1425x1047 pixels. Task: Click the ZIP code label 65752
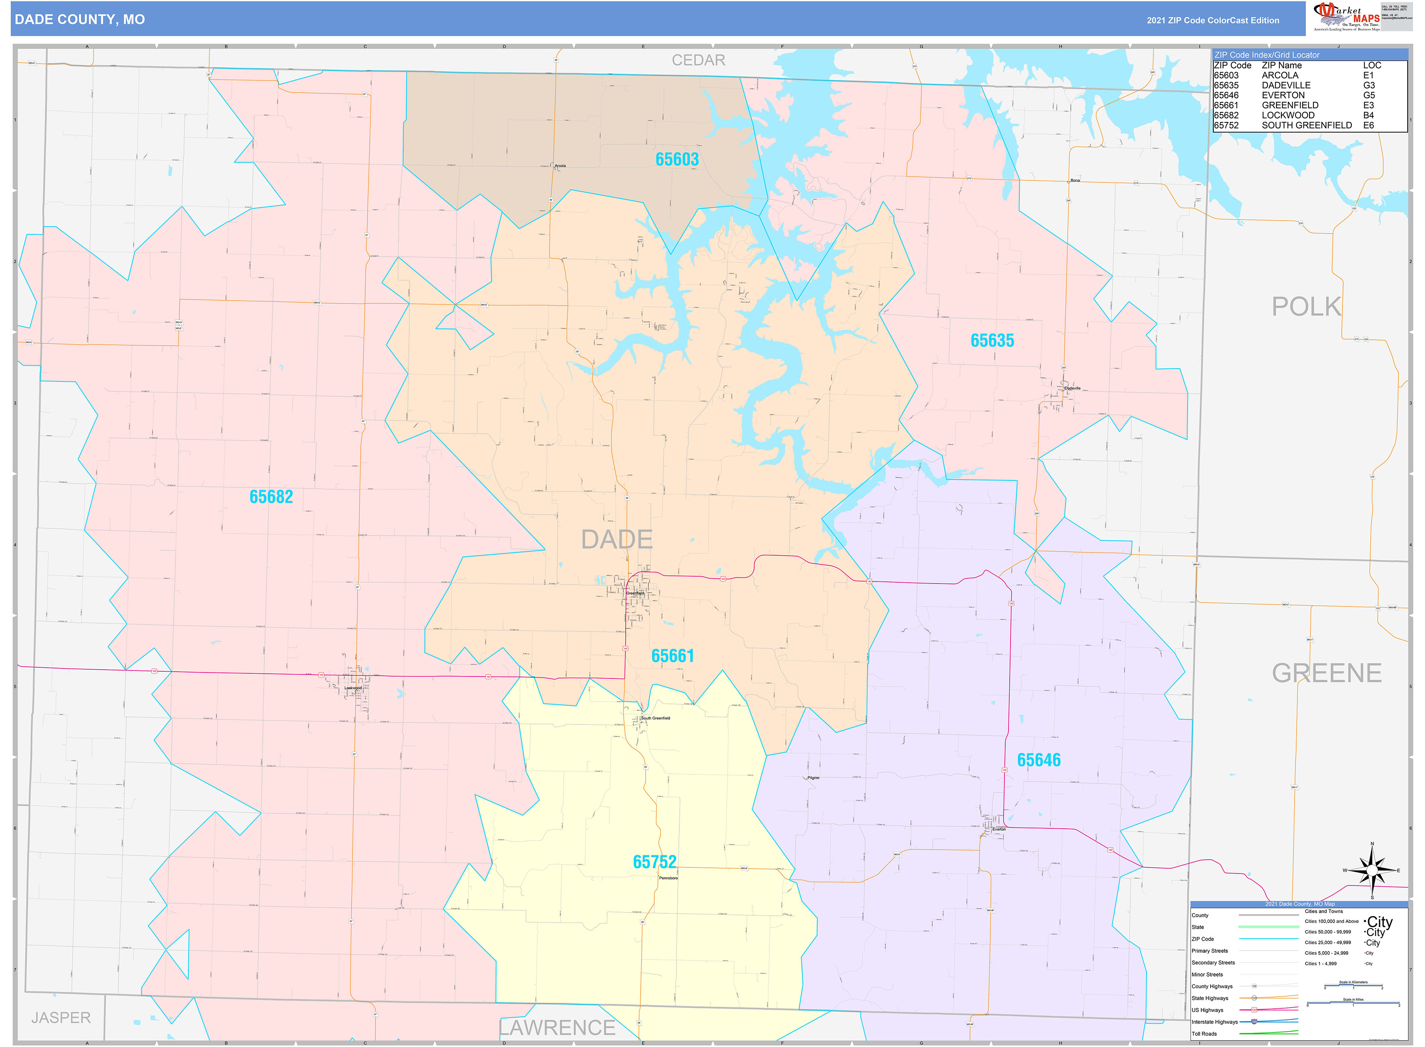point(654,861)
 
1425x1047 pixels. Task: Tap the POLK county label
point(1306,307)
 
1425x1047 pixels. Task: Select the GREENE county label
point(1326,673)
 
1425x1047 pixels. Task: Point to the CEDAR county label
point(698,60)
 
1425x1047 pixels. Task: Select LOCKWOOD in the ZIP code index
point(1287,115)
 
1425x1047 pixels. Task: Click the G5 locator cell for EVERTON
point(1369,95)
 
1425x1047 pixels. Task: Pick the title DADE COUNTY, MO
point(80,20)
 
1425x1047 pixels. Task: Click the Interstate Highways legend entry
point(1214,1022)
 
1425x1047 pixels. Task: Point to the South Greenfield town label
point(656,718)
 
